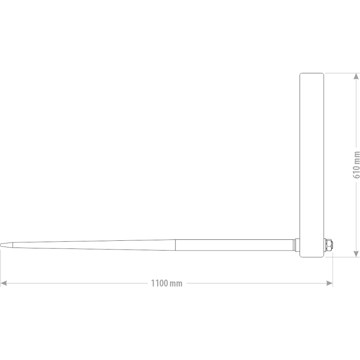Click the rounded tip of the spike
(x=0, y=245)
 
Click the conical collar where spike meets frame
(x=297, y=245)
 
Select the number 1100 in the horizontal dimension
(x=159, y=283)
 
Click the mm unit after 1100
(x=176, y=283)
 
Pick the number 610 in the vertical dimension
(x=356, y=171)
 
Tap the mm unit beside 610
(x=356, y=157)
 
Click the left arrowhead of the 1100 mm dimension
(x=4, y=283)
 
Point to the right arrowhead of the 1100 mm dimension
(x=329, y=283)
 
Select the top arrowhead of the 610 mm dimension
(x=356, y=76)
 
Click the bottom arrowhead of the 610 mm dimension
(x=356, y=254)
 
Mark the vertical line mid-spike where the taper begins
(x=175, y=245)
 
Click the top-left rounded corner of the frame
(x=301, y=74)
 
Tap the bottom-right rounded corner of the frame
(x=323, y=256)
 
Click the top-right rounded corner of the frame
(x=323, y=74)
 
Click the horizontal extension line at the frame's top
(x=342, y=73)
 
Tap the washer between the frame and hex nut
(x=324, y=245)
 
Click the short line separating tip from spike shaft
(x=13, y=245)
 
